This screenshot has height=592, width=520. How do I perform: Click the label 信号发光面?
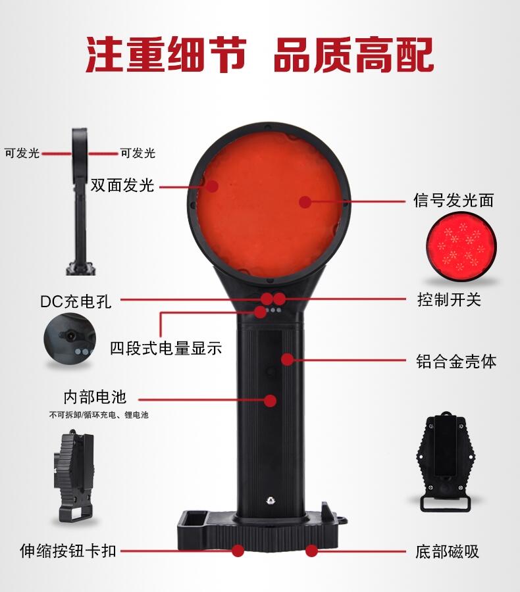pos(454,200)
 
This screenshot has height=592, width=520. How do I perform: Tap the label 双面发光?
pos(122,185)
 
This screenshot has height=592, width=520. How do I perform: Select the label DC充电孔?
pos(76,302)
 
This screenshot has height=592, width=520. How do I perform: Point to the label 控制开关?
pos(449,299)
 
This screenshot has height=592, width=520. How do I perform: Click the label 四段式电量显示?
pos(166,348)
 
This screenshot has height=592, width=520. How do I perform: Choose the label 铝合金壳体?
pos(456,361)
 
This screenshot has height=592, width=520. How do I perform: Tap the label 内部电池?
pos(95,397)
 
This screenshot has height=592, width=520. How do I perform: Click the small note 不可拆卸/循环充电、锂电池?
pos(99,415)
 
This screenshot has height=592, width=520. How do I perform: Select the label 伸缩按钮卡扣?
pos(68,551)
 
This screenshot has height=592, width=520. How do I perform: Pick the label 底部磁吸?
pos(447,552)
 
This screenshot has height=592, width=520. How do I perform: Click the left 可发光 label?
pos(22,153)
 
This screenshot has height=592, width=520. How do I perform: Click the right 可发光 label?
pos(138,153)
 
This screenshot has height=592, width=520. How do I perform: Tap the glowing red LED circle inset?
pos(461,247)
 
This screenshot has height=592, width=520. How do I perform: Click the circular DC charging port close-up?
pos(70,338)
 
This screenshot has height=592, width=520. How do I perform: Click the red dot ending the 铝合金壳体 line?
pos(288,359)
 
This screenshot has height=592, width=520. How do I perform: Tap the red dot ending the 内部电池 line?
pos(271,401)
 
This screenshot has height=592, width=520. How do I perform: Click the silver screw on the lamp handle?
pos(271,501)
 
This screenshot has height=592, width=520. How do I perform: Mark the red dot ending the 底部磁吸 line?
pos(311,551)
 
